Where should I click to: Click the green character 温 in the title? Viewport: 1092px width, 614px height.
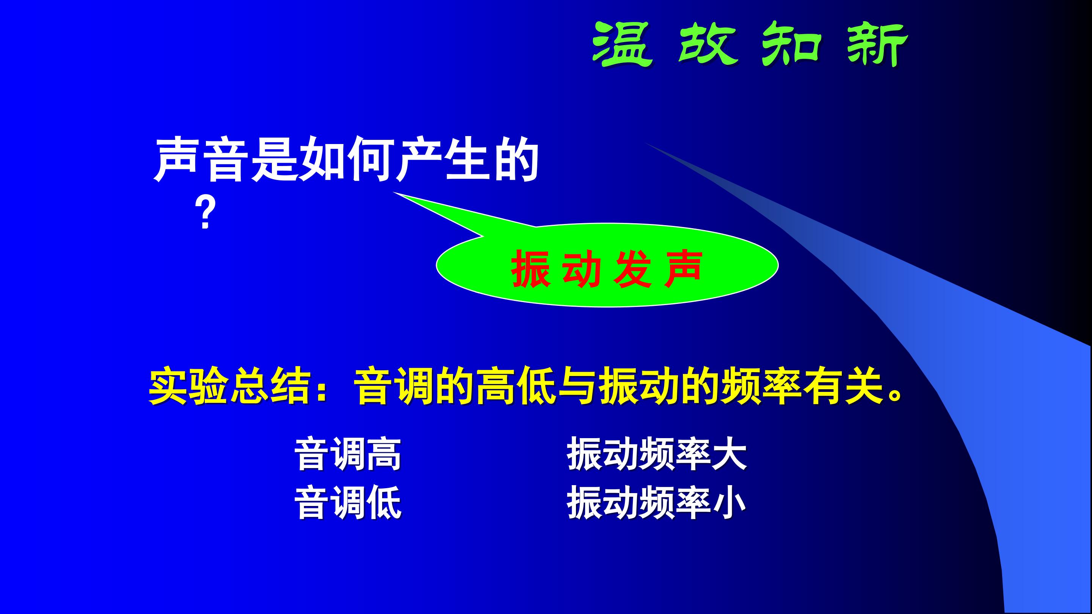click(x=622, y=44)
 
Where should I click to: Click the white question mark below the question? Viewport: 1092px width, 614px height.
click(x=206, y=215)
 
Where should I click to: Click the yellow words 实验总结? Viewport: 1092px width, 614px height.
click(x=229, y=387)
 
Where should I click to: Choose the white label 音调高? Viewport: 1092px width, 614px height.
click(x=348, y=455)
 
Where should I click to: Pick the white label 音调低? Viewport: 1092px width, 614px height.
click(x=348, y=503)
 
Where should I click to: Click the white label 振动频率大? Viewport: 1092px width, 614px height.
click(x=657, y=455)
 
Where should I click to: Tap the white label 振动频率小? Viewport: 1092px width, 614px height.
click(x=657, y=503)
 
